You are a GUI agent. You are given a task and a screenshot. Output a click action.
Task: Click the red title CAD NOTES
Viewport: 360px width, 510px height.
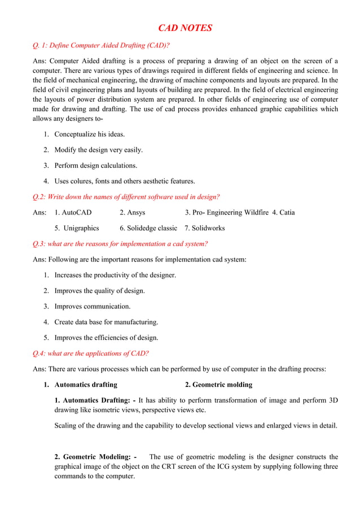185,28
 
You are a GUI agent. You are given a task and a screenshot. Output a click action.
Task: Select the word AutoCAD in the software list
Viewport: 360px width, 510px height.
77,212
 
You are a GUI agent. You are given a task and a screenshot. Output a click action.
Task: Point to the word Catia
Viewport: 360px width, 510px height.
287,212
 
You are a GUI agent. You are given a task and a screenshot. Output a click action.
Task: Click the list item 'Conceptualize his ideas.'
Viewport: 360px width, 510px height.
90,134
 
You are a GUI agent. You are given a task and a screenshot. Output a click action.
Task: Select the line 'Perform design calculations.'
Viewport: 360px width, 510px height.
95,165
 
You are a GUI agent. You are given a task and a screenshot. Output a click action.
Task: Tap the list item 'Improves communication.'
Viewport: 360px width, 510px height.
92,306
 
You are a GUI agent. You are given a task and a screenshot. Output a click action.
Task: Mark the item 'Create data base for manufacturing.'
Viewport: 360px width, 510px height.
106,322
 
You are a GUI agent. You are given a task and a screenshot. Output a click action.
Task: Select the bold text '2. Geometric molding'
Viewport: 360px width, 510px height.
218,385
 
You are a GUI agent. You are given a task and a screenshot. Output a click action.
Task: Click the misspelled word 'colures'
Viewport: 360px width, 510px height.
84,181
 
